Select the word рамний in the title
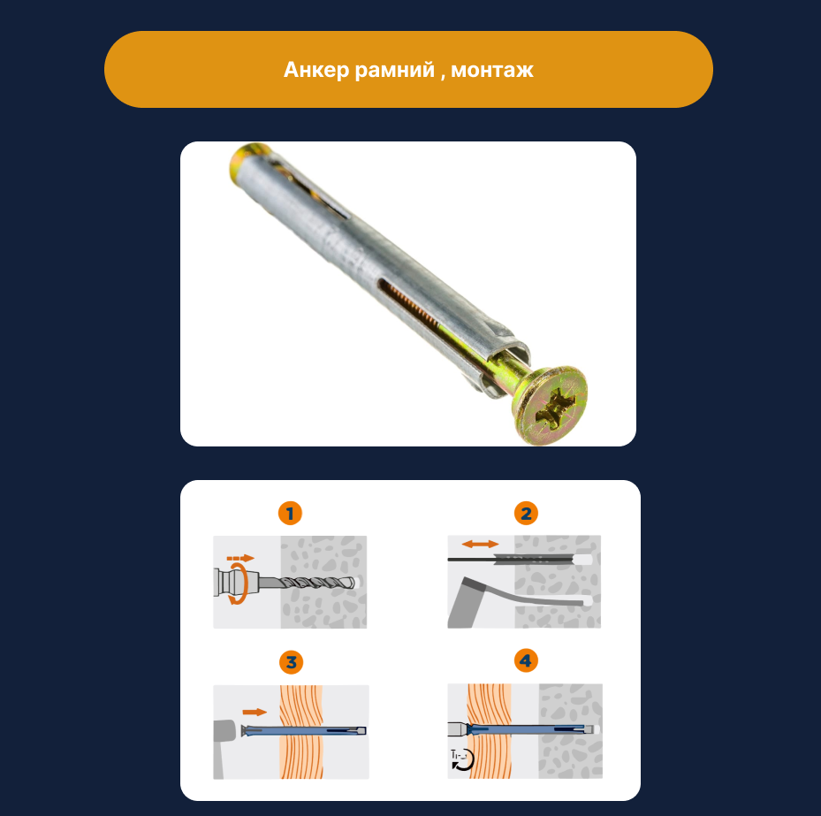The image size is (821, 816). (x=395, y=70)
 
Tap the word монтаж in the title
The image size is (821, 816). (x=492, y=70)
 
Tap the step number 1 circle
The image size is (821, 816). (x=290, y=514)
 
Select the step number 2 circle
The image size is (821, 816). (x=526, y=514)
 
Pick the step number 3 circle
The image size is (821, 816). (x=291, y=662)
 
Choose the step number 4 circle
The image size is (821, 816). (x=526, y=661)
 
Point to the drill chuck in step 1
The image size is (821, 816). (x=236, y=583)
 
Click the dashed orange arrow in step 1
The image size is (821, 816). (x=240, y=559)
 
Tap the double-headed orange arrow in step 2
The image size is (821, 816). (x=480, y=545)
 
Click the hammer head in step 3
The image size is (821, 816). (x=224, y=732)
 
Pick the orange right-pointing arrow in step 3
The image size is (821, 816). (x=255, y=712)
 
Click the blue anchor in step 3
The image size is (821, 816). (x=303, y=730)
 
